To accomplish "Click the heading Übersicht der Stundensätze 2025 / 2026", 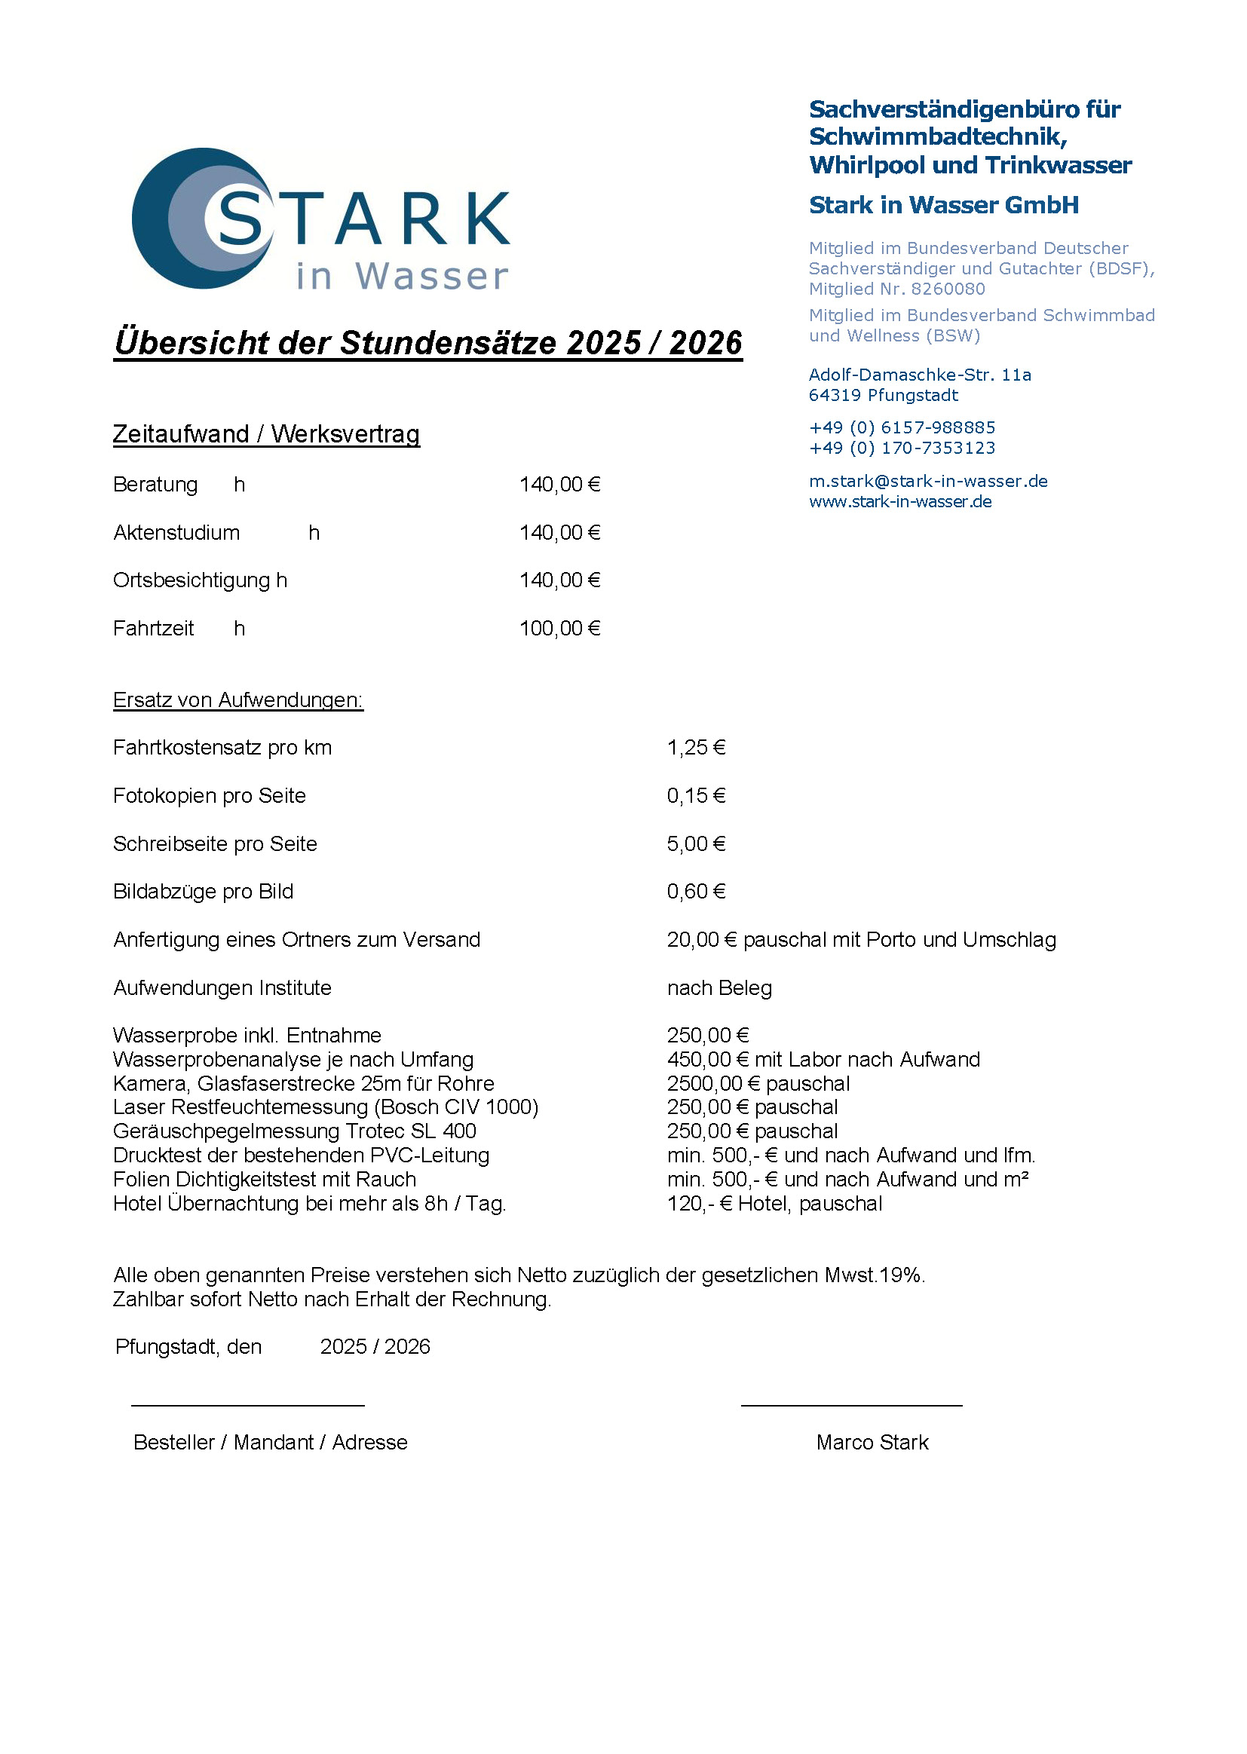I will pyautogui.click(x=427, y=342).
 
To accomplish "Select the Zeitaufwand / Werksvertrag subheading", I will pyautogui.click(x=265, y=434).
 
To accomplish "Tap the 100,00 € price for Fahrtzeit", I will pyautogui.click(x=559, y=629).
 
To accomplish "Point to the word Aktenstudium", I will pyautogui.click(x=176, y=533).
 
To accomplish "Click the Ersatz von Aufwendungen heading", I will pyautogui.click(x=237, y=700).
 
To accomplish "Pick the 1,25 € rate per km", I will pyautogui.click(x=696, y=748).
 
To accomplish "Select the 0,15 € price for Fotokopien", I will pyautogui.click(x=696, y=796).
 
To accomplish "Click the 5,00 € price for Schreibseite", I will pyautogui.click(x=696, y=844).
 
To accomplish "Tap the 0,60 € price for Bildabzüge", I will pyautogui.click(x=696, y=892).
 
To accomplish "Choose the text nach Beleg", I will pyautogui.click(x=719, y=988).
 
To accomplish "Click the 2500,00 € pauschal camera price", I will pyautogui.click(x=758, y=1084).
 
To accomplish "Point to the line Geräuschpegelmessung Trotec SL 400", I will pyautogui.click(x=294, y=1131).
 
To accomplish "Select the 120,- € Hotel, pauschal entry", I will pyautogui.click(x=774, y=1204).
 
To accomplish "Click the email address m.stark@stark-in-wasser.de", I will pyautogui.click(x=927, y=482).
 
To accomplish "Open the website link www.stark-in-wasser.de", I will pyautogui.click(x=900, y=502).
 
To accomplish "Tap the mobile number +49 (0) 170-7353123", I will pyautogui.click(x=902, y=448).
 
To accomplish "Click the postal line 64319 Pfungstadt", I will pyautogui.click(x=883, y=395).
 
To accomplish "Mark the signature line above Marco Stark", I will pyautogui.click(x=850, y=1406).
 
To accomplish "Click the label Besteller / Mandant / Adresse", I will pyautogui.click(x=271, y=1443).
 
